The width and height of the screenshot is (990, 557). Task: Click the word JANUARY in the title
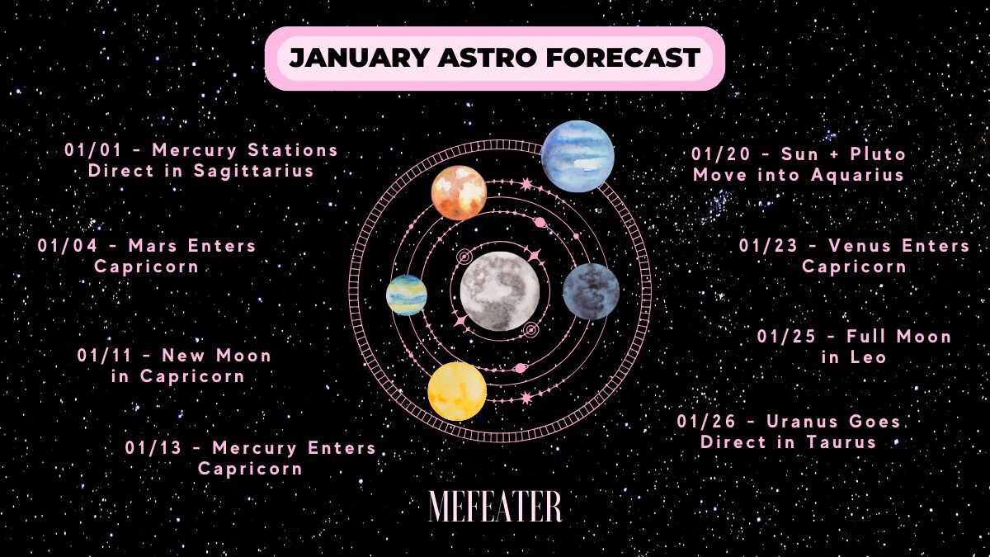(360, 58)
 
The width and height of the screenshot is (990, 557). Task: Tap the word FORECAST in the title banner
(623, 58)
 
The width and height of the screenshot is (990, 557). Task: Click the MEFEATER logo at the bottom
(495, 506)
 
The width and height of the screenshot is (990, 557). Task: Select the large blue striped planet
(577, 156)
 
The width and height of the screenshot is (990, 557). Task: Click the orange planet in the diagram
(460, 193)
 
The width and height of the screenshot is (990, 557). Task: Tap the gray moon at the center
(499, 291)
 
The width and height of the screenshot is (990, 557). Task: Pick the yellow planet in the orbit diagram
(457, 391)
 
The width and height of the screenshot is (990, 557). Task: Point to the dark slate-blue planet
(591, 291)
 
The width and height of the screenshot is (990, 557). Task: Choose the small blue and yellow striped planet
(407, 295)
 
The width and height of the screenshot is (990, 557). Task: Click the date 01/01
(92, 150)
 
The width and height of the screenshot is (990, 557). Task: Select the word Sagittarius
(254, 171)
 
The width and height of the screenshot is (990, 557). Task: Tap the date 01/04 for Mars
(67, 246)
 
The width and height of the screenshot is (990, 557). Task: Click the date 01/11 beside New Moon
(105, 356)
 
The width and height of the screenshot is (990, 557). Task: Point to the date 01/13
(153, 448)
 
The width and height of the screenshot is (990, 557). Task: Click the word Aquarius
(857, 175)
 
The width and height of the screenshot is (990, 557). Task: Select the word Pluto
(878, 153)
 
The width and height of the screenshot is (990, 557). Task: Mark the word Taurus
(841, 442)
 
